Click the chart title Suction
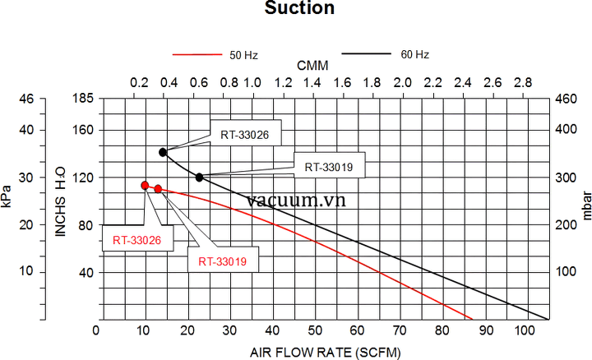pos(299,9)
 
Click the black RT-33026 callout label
pos(244,133)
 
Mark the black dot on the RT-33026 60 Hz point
pos(164,152)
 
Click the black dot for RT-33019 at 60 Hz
pos(200,177)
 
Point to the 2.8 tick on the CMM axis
pos(522,83)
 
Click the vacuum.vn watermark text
pos(295,200)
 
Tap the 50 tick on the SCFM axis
pos(313,330)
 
